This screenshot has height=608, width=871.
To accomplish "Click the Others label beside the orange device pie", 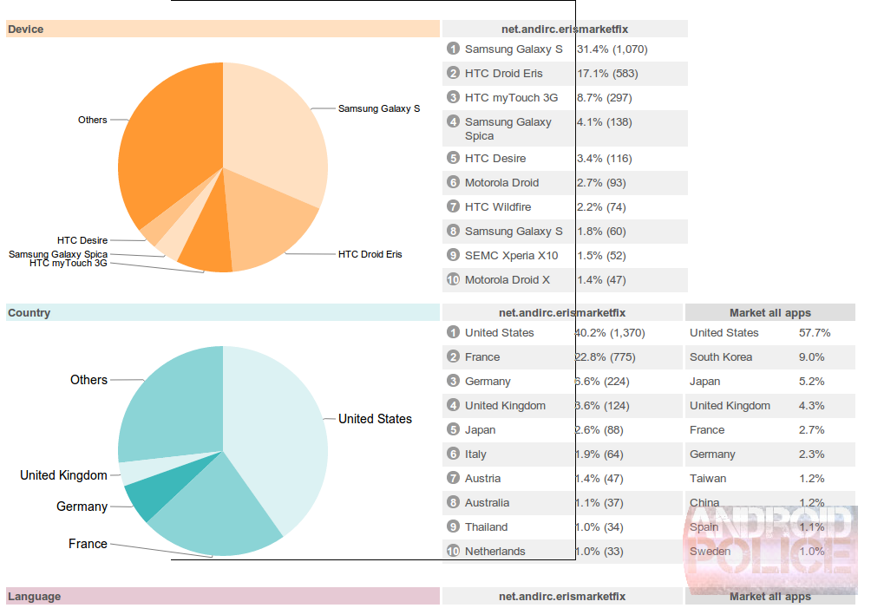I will (x=93, y=120).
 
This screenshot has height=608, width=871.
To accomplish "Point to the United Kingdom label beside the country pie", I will (x=64, y=475).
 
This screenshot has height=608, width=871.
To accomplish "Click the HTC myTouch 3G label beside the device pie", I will (x=69, y=263).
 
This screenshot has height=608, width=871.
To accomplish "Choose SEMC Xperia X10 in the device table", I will (x=512, y=256).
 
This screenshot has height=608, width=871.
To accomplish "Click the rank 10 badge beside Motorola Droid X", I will (x=453, y=280).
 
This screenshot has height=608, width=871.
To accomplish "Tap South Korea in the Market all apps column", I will (x=721, y=357).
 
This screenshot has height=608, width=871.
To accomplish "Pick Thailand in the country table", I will (x=487, y=527).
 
